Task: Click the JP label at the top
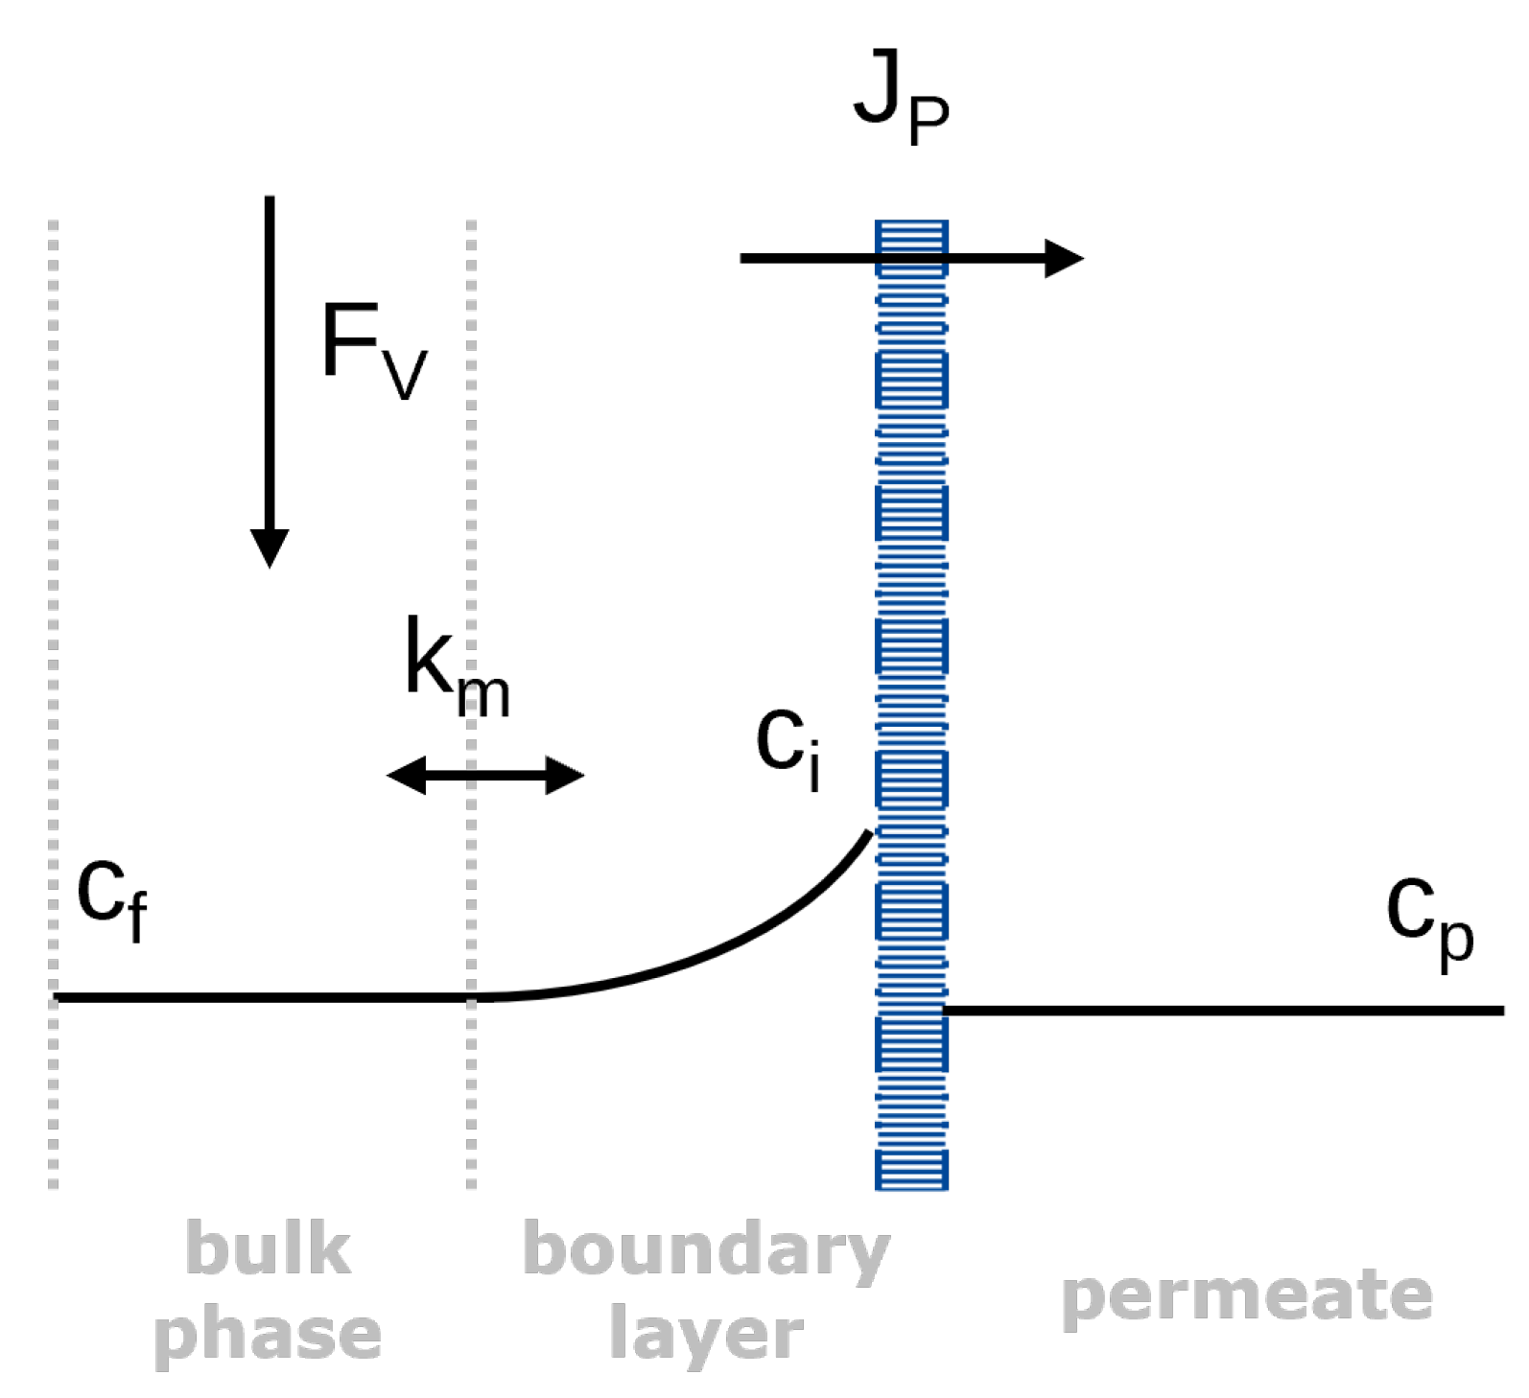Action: [901, 105]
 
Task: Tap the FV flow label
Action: [374, 351]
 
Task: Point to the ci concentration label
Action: [788, 751]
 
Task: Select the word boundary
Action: [707, 1251]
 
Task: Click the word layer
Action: [707, 1335]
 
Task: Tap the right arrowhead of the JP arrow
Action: [1064, 258]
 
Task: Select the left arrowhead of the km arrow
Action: [405, 775]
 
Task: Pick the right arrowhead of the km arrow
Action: [566, 775]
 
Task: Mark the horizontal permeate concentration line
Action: [1223, 1011]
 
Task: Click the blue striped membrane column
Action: [911, 705]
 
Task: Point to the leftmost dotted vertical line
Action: [54, 705]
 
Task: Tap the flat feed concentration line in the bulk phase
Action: [264, 998]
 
